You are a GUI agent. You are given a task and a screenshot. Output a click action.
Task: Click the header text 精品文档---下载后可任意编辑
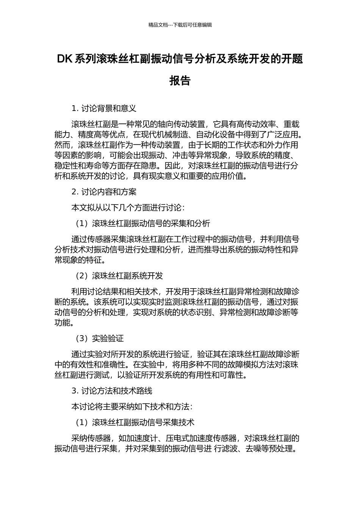(180, 25)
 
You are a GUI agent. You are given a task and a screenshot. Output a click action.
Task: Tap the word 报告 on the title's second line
(180, 81)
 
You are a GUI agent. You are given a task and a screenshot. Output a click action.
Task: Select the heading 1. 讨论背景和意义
(104, 109)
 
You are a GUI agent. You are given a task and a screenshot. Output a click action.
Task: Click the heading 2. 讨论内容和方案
(104, 192)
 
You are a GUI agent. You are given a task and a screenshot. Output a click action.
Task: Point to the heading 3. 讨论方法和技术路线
(112, 391)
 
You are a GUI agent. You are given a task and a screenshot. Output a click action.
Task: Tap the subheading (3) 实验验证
(100, 339)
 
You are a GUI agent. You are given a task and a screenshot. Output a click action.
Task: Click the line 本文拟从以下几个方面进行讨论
(128, 208)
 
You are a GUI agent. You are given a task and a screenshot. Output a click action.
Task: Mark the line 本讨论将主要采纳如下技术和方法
(132, 407)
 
